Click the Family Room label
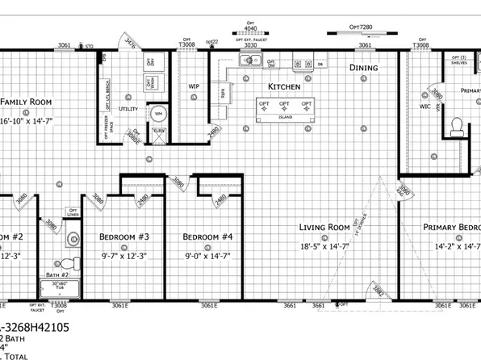pyautogui.click(x=25, y=103)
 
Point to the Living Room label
pyautogui.click(x=324, y=228)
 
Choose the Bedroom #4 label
pyautogui.click(x=207, y=237)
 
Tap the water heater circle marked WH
pyautogui.click(x=159, y=114)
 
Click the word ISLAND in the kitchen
pyautogui.click(x=285, y=117)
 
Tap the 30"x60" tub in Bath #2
pyautogui.click(x=59, y=287)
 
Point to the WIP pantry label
pyautogui.click(x=194, y=85)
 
